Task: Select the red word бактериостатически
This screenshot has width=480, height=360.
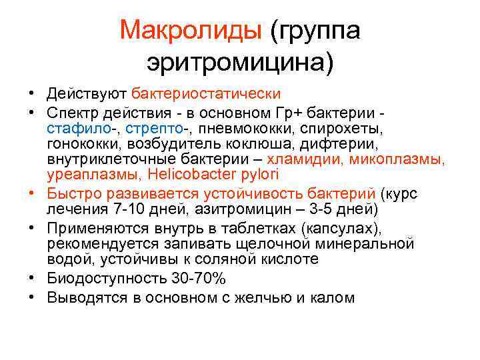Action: coord(207,94)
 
